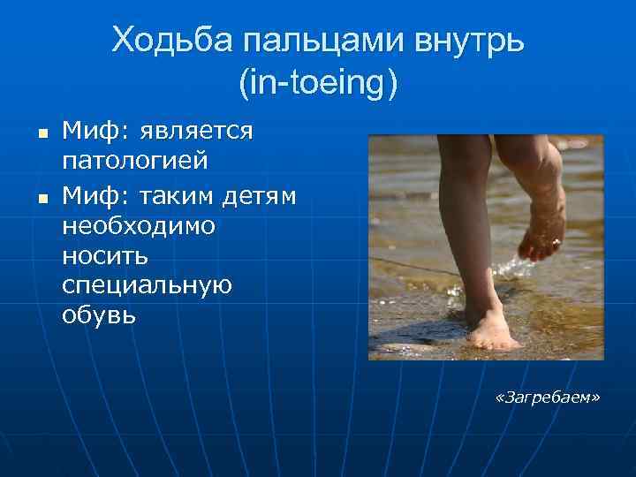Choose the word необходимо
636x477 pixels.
(139, 224)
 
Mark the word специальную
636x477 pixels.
(147, 285)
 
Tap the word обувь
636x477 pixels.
(99, 315)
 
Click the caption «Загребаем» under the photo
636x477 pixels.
(548, 399)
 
